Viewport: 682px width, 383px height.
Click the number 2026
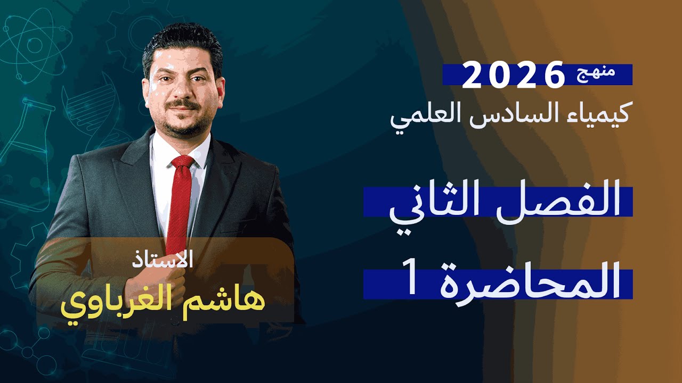coord(513,76)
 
